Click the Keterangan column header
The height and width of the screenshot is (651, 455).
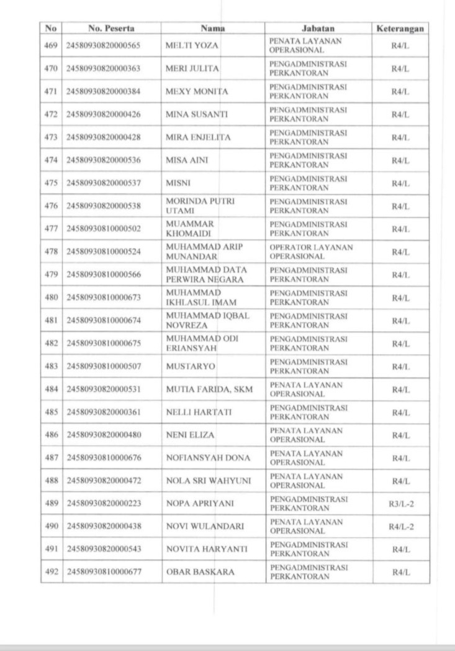point(400,29)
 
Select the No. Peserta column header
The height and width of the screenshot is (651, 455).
point(112,29)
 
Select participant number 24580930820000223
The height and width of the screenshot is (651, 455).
point(103,504)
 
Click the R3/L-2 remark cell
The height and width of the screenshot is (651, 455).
point(400,504)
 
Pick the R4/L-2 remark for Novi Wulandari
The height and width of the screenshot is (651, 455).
point(400,527)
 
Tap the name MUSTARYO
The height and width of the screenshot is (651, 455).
point(191,367)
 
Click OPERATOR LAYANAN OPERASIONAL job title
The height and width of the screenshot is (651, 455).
point(311,252)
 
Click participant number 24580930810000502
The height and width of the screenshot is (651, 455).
point(103,229)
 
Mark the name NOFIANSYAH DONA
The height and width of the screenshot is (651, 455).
point(208,458)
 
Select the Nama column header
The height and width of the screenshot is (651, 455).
point(213,29)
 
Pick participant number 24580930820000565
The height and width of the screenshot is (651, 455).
point(103,45)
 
